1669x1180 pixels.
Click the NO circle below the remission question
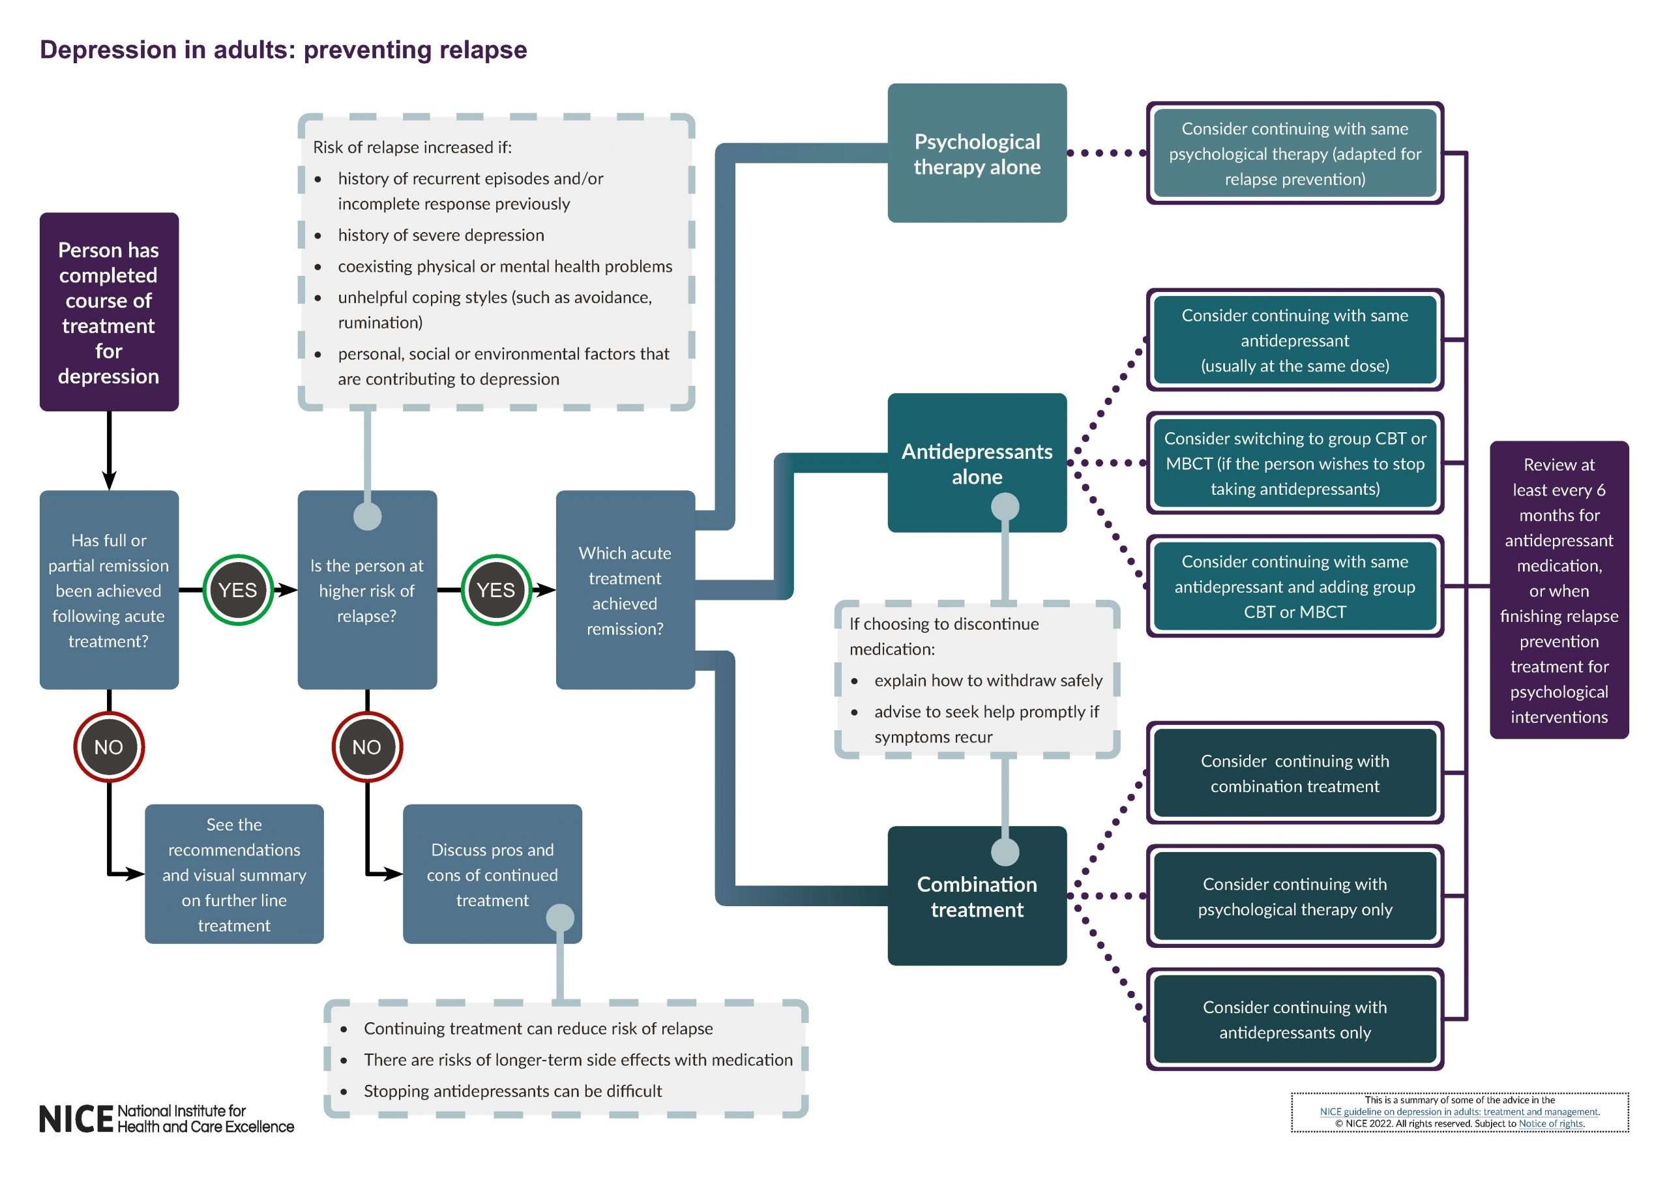pos(109,746)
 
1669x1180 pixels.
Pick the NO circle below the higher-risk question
pos(367,746)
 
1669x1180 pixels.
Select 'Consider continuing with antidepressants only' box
pos(1295,1020)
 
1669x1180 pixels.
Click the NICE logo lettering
pos(76,1119)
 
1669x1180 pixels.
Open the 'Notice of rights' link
pos(1550,1123)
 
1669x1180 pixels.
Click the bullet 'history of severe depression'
pos(441,235)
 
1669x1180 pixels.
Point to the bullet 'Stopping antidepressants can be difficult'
pos(512,1091)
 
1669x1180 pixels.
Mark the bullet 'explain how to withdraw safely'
pos(988,681)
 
